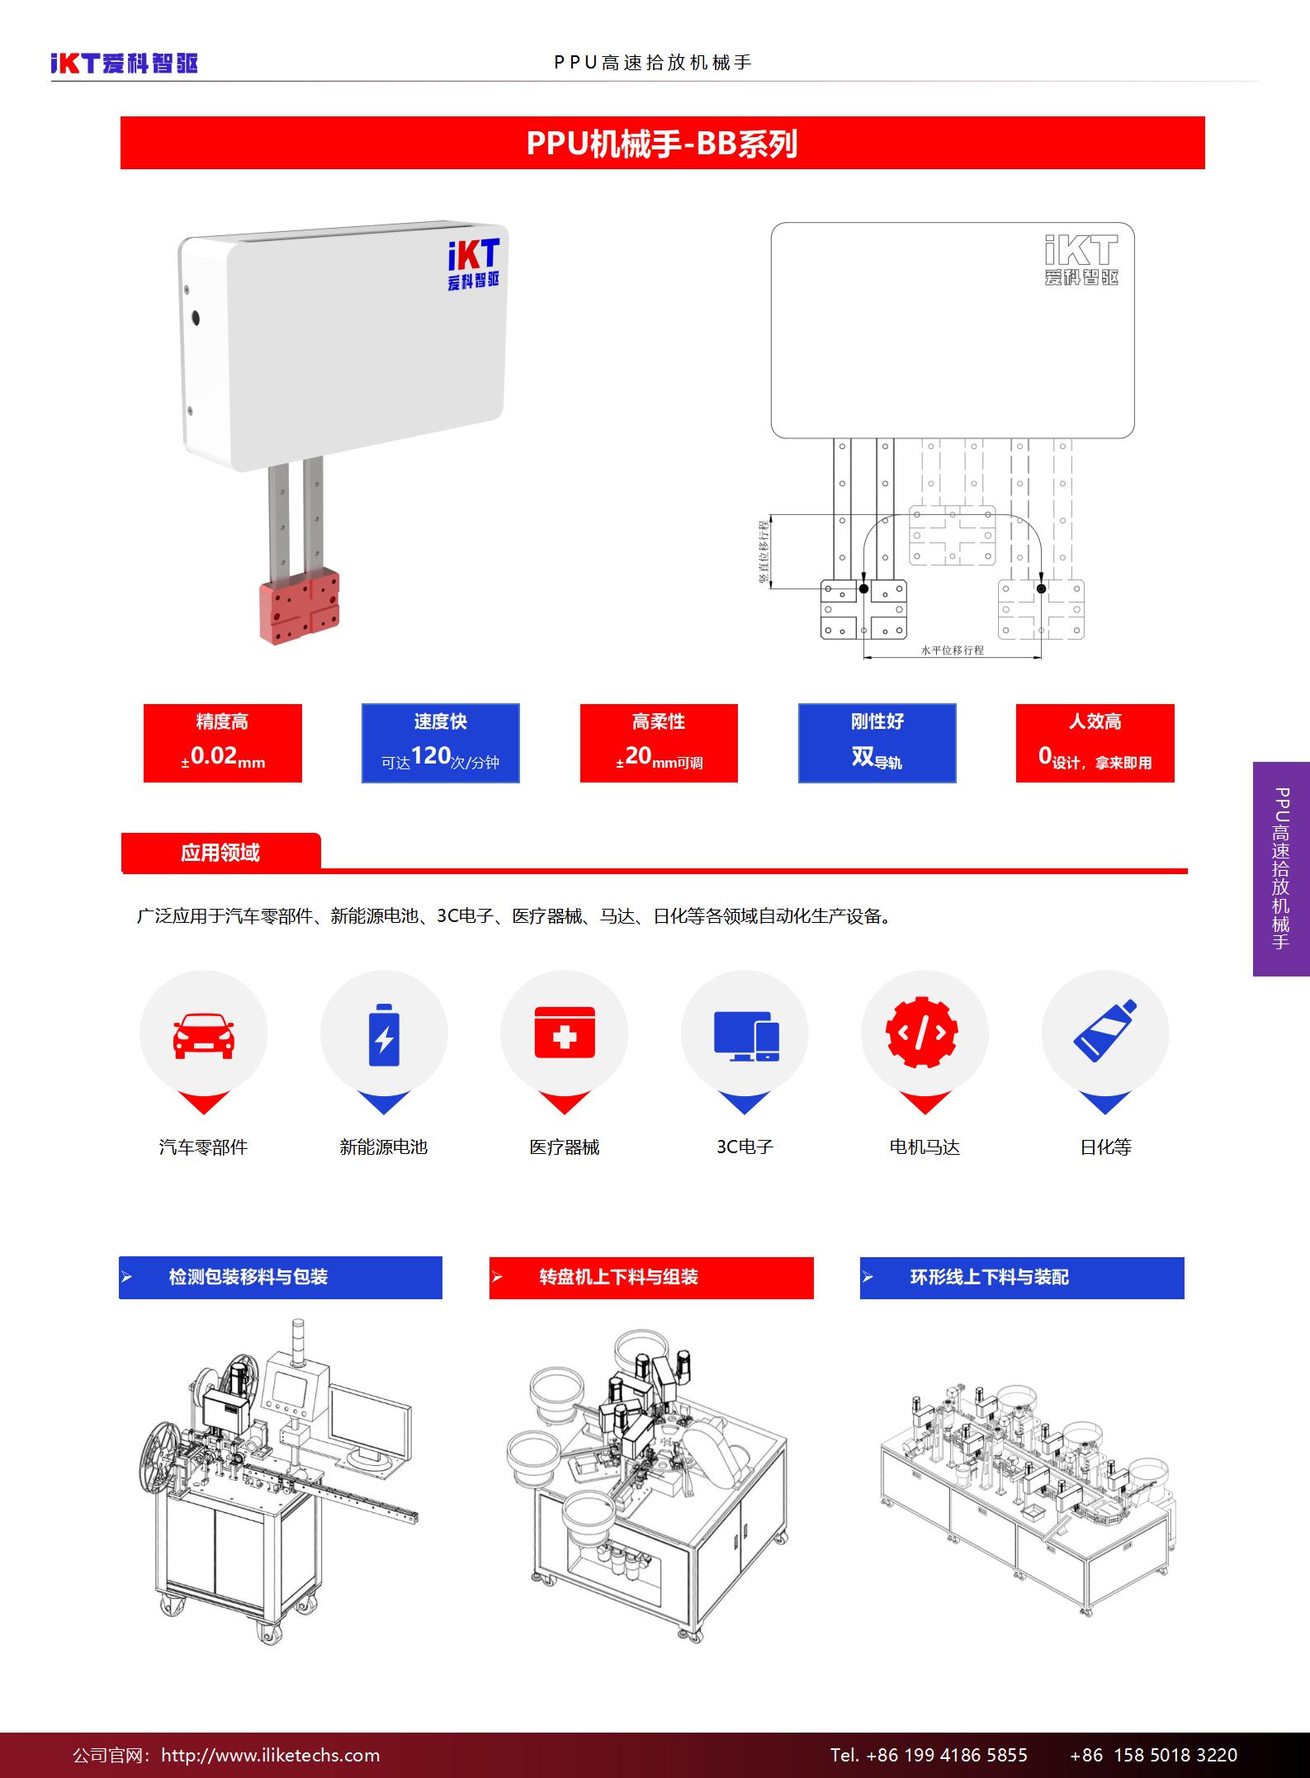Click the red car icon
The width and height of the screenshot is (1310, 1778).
pos(203,1035)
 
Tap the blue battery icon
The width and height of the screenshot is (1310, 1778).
pos(384,1034)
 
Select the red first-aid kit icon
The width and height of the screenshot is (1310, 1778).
pos(565,1032)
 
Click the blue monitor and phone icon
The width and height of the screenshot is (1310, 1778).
pos(746,1036)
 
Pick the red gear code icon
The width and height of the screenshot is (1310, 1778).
pos(922,1032)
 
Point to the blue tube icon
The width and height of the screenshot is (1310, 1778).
pos(1105,1031)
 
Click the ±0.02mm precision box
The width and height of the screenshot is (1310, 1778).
pos(223,743)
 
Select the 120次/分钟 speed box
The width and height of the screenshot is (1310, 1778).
pos(441,743)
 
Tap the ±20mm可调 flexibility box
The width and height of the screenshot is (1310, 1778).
pos(659,743)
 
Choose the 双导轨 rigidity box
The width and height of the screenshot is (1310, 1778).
pos(877,743)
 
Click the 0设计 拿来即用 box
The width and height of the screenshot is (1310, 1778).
pos(1095,743)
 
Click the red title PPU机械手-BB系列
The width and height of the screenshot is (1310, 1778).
pos(663,143)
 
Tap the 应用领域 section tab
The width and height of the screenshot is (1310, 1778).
pos(220,852)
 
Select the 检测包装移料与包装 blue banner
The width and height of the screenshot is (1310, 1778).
pos(281,1278)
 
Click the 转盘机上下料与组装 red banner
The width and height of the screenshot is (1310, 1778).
pos(651,1278)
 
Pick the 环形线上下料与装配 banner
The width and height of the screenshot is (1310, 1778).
pos(1022,1278)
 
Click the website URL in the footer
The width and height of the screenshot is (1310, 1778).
pos(271,1755)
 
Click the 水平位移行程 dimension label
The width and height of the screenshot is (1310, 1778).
pos(953,650)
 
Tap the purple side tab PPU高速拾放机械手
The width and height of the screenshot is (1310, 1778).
pos(1281,868)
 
